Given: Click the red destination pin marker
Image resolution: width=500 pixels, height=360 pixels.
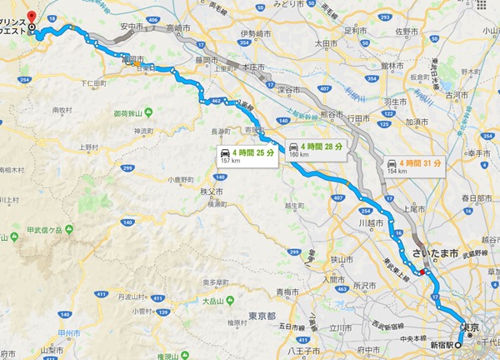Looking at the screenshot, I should pyautogui.click(x=31, y=16).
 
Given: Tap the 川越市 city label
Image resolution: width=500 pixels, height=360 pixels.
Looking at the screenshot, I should pyautogui.click(x=369, y=224).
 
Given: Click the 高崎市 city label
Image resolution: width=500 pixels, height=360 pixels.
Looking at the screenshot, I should pyautogui.click(x=178, y=27).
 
